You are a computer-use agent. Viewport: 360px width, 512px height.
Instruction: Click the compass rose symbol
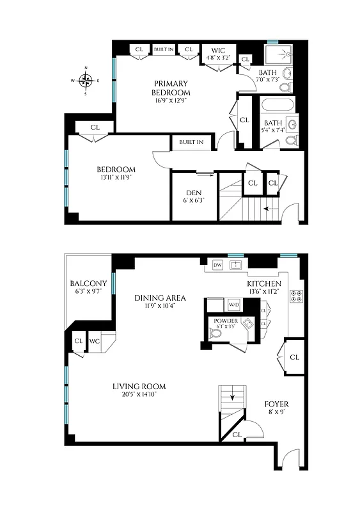(85, 80)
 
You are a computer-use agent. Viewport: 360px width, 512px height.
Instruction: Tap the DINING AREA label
(160, 298)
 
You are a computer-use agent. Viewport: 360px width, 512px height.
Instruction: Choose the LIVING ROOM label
(139, 386)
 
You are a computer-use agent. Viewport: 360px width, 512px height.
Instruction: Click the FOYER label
(276, 404)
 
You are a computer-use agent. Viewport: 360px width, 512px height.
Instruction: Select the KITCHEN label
(263, 284)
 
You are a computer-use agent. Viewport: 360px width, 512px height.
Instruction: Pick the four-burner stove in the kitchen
(296, 296)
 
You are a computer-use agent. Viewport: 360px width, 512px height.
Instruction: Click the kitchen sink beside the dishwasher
(235, 264)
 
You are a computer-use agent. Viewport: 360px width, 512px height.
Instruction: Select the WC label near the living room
(95, 341)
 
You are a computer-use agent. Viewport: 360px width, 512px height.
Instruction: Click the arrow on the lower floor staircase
(232, 397)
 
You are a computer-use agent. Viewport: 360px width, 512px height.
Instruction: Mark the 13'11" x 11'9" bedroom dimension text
(116, 179)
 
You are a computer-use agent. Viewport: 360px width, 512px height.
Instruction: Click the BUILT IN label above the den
(191, 142)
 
